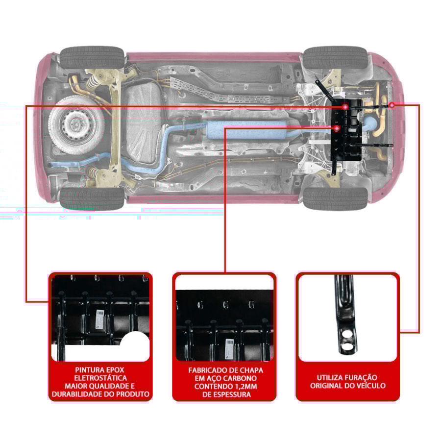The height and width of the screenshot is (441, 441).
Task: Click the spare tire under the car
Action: [76, 124]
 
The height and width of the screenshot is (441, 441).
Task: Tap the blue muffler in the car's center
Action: [246, 130]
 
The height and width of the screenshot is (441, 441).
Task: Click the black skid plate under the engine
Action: [346, 130]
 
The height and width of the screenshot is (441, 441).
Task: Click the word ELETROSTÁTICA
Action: [100, 378]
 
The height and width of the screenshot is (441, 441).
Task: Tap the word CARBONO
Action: [240, 378]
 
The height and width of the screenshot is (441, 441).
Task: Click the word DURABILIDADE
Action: [77, 394]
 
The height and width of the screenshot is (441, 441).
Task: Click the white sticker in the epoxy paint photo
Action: [100, 318]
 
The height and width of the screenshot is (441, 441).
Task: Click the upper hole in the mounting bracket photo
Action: [347, 334]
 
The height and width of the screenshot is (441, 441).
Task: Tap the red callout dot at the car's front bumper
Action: [392, 105]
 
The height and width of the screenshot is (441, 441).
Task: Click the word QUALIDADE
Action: [107, 386]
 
